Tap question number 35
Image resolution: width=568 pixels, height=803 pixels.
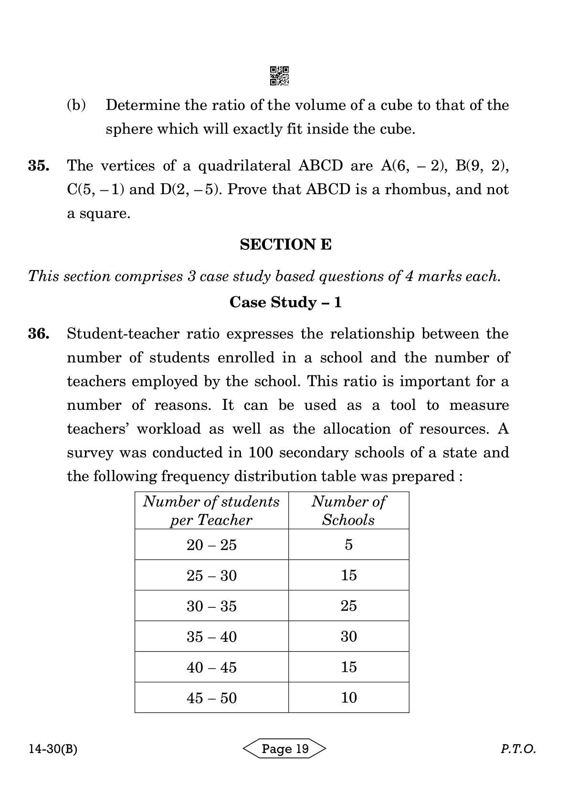(38, 166)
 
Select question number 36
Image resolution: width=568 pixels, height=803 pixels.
(38, 334)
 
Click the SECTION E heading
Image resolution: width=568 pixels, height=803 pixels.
(285, 245)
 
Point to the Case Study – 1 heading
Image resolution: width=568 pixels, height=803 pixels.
(285, 302)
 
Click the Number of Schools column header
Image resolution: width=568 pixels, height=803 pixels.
(348, 511)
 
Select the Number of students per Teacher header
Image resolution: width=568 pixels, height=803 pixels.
(211, 511)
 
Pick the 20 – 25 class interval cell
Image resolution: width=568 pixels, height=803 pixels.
(211, 545)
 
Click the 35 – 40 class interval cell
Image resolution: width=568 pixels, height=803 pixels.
(211, 637)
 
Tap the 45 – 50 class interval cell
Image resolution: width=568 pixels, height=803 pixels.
(211, 698)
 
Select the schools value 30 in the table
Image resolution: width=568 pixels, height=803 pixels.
(348, 636)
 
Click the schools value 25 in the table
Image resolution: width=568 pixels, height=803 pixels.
(348, 606)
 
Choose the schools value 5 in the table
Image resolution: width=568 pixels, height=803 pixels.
(348, 545)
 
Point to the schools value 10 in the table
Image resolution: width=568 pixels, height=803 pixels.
(348, 698)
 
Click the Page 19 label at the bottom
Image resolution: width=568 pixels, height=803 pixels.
(285, 749)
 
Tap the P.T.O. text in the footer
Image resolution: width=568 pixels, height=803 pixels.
(518, 749)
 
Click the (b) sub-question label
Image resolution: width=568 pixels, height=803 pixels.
(76, 105)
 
